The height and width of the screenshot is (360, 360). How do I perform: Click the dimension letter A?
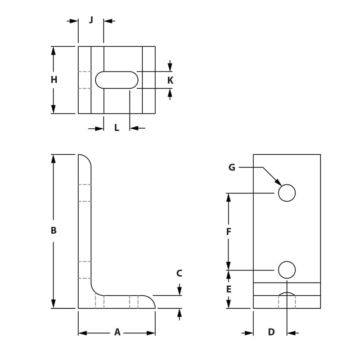pyautogui.click(x=117, y=333)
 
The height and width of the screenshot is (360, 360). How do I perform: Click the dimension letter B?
pyautogui.click(x=54, y=230)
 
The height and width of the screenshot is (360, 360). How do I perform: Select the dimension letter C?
pyautogui.click(x=179, y=273)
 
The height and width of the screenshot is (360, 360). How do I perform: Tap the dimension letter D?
pyautogui.click(x=271, y=332)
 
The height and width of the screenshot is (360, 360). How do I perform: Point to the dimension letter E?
pyautogui.click(x=229, y=289)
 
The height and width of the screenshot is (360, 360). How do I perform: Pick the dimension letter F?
pyautogui.click(x=229, y=232)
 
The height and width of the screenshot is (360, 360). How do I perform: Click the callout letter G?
pyautogui.click(x=232, y=167)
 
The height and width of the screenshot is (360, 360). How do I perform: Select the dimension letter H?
pyautogui.click(x=54, y=80)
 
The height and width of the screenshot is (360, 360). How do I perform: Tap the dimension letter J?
pyautogui.click(x=91, y=20)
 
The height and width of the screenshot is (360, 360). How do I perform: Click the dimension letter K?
pyautogui.click(x=170, y=81)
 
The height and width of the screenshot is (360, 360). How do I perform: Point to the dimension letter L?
pyautogui.click(x=117, y=128)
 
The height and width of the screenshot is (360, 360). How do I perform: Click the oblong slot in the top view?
pyautogui.click(x=117, y=80)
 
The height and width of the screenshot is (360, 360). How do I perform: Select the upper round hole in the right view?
pyautogui.click(x=287, y=193)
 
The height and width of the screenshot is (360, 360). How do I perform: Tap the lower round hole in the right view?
pyautogui.click(x=287, y=270)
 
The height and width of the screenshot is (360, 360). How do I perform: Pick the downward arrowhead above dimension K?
pyautogui.click(x=170, y=68)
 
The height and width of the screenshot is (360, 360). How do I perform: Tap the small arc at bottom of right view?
pyautogui.click(x=287, y=293)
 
